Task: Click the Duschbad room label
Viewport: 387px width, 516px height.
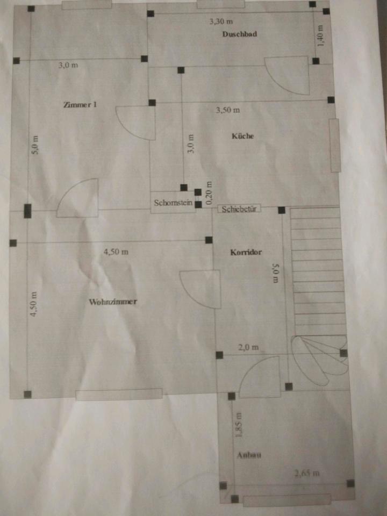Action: tap(239, 34)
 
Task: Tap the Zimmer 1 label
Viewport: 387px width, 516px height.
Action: tap(80, 105)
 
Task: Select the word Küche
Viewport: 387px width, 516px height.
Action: tap(242, 136)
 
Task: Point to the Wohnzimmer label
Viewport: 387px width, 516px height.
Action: tap(112, 302)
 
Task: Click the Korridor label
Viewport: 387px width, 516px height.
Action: tap(246, 252)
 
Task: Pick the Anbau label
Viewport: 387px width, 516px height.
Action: tap(249, 455)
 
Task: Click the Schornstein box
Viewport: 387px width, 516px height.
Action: tap(173, 203)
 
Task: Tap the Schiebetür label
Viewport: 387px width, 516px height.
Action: tap(239, 209)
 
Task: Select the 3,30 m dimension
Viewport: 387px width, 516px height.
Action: tap(220, 21)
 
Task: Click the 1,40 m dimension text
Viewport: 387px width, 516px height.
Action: tap(321, 35)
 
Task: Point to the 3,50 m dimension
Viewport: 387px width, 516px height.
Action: tap(227, 110)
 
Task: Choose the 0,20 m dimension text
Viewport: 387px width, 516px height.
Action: tap(210, 189)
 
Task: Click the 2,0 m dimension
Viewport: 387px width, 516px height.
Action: tap(248, 347)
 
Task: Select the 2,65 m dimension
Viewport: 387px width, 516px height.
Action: tap(307, 474)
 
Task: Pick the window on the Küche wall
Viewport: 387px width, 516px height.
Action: tap(334, 145)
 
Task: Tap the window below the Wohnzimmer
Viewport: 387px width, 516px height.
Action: tap(119, 395)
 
